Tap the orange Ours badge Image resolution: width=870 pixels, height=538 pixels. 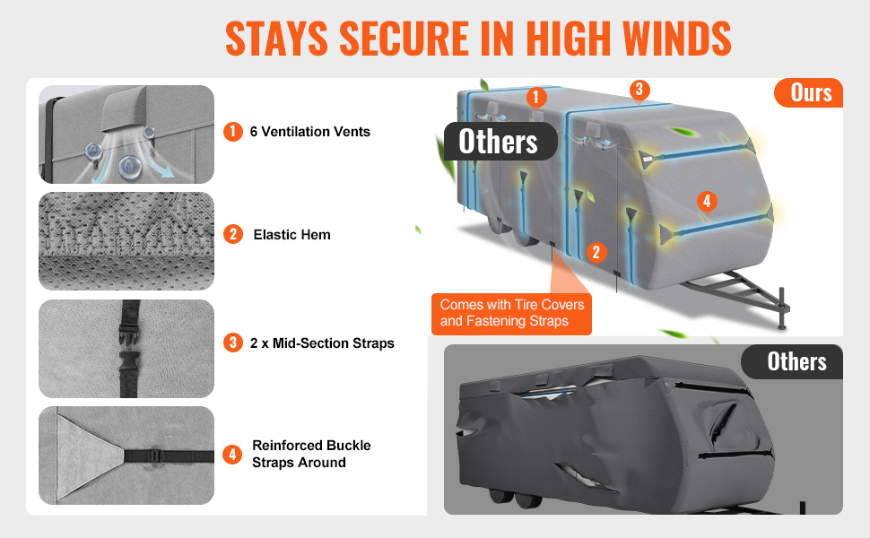pyautogui.click(x=809, y=92)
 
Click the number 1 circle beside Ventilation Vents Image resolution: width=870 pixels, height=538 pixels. pyautogui.click(x=233, y=132)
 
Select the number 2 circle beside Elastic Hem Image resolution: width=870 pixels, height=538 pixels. pyautogui.click(x=233, y=234)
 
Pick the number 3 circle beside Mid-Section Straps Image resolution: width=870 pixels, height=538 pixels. pyautogui.click(x=233, y=343)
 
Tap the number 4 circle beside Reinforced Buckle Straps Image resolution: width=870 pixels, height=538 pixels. pyautogui.click(x=233, y=455)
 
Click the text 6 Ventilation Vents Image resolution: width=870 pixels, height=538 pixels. pyautogui.click(x=309, y=132)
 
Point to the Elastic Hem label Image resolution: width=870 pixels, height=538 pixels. pyautogui.click(x=291, y=235)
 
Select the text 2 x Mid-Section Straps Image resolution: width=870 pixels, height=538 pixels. pyautogui.click(x=322, y=343)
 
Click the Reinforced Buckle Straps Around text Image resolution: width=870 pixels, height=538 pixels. pyautogui.click(x=311, y=454)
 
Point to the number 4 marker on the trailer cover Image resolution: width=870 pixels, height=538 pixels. pyautogui.click(x=707, y=201)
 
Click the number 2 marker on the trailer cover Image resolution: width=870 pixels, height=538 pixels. pyautogui.click(x=596, y=252)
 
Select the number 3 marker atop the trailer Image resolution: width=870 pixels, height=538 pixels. pyautogui.click(x=639, y=90)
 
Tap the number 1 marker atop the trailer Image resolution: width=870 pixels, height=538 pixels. pyautogui.click(x=535, y=97)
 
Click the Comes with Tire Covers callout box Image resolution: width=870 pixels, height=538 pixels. pyautogui.click(x=511, y=314)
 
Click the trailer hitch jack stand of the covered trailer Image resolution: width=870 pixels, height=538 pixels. pyautogui.click(x=783, y=309)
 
